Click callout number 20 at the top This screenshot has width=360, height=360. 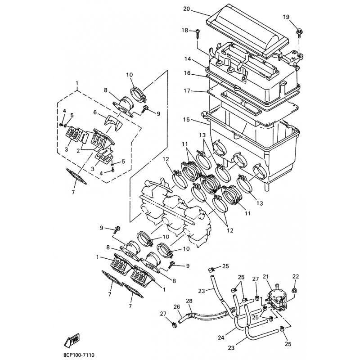[187, 9]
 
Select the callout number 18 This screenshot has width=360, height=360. [184, 30]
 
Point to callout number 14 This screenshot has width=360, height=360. [188, 59]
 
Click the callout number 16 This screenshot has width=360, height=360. [188, 73]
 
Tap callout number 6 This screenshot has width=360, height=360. [95, 112]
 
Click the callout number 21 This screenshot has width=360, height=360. [265, 277]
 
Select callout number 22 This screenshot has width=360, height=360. [296, 277]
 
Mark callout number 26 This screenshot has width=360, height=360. [177, 306]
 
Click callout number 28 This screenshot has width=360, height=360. [189, 300]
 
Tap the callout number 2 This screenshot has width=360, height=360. [79, 151]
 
